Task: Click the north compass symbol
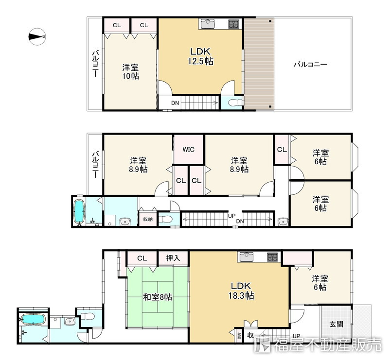37,37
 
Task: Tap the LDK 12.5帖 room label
200,56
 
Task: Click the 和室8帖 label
157,297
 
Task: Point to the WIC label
189,150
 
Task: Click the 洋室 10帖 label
130,71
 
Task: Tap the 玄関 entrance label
336,324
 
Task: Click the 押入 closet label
173,258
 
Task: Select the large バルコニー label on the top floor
310,65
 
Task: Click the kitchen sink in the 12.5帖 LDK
208,24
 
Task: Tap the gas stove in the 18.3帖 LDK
272,257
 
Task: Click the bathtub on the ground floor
33,319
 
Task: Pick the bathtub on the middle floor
80,211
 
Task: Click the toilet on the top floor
234,103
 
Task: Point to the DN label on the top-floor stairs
175,103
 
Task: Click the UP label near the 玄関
296,336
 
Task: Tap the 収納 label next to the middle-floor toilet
148,219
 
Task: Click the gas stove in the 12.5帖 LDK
233,24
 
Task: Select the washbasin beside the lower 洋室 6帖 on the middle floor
283,221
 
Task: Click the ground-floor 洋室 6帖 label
320,283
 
